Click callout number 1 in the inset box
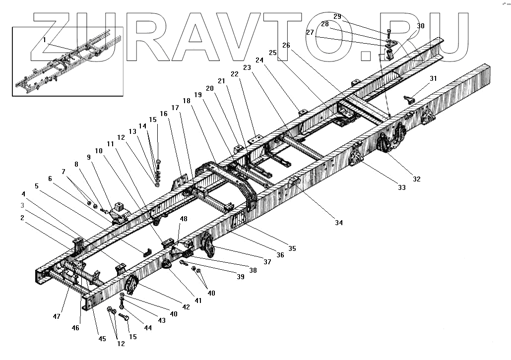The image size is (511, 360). (44, 39)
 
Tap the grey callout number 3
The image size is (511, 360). (22, 205)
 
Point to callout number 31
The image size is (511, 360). (434, 78)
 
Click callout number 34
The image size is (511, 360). (338, 223)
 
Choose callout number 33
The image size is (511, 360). (401, 187)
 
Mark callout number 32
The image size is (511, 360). (417, 179)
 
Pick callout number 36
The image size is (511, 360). (280, 255)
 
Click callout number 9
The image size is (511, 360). (89, 157)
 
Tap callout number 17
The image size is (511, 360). (175, 108)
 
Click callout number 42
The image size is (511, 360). (187, 307)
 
